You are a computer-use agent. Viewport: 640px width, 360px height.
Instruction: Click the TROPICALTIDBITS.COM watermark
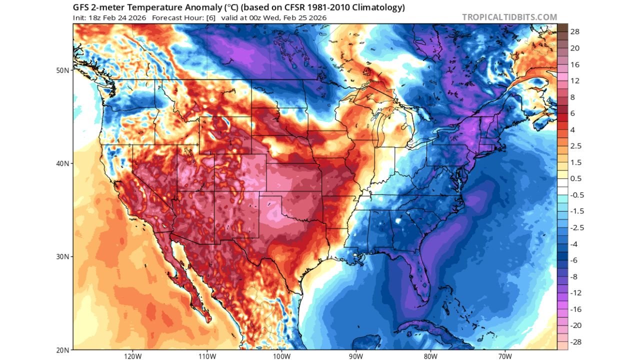pyautogui.click(x=509, y=17)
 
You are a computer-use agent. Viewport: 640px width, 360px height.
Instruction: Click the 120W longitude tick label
pyautogui.click(x=132, y=356)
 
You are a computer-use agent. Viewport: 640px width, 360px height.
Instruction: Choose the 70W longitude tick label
pyautogui.click(x=505, y=356)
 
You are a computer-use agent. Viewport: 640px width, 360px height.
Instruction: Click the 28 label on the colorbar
pyautogui.click(x=574, y=31)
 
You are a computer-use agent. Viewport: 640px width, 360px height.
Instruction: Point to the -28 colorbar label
pyautogui.click(x=576, y=342)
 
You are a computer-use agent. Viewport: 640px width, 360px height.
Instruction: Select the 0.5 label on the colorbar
pyautogui.click(x=576, y=178)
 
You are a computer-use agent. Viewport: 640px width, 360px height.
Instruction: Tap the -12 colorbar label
pyautogui.click(x=576, y=293)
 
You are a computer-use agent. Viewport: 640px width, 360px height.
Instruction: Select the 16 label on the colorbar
pyautogui.click(x=574, y=64)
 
